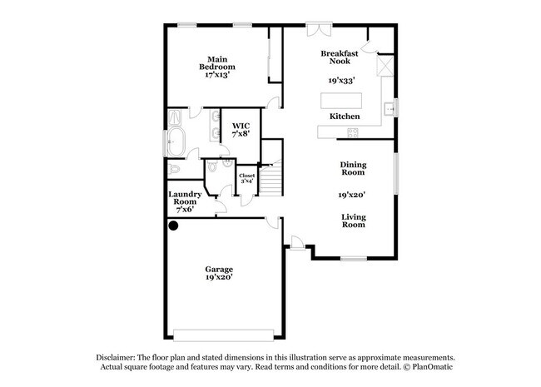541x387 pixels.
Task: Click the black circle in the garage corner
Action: [x=174, y=226]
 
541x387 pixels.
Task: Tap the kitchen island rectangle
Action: [x=341, y=101]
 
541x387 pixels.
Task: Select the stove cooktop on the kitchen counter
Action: [x=353, y=133]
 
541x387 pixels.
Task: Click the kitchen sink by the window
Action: [x=390, y=109]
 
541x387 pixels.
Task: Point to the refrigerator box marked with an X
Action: [x=385, y=66]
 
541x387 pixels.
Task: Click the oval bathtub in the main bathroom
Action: [x=176, y=141]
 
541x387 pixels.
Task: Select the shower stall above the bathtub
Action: [x=175, y=117]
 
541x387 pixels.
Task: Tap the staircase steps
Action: [x=271, y=181]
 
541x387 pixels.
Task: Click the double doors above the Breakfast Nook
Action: [x=320, y=30]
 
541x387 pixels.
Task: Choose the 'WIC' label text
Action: [x=241, y=126]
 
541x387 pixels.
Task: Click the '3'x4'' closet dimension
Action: [x=247, y=181]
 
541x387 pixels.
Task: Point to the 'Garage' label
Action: [x=219, y=270]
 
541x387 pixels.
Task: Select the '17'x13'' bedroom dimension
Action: [x=217, y=75]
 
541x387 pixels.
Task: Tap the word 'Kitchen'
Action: [x=345, y=117]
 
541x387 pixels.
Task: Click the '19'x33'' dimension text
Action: [x=342, y=81]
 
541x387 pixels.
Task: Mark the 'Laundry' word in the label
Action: [x=185, y=195]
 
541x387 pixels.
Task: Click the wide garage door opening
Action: [x=224, y=335]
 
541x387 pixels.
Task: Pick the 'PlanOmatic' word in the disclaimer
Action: [x=432, y=367]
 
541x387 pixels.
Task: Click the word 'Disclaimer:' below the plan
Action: [x=116, y=358]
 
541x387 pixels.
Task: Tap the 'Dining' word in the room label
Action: [x=353, y=165]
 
